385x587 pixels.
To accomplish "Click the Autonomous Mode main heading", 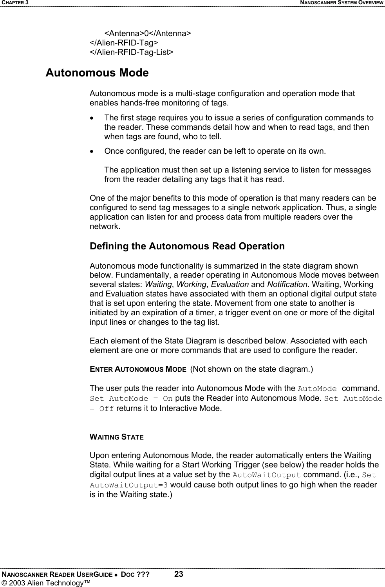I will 97,73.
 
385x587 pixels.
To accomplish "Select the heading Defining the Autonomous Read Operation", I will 187,246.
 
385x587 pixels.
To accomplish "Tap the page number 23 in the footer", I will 179,574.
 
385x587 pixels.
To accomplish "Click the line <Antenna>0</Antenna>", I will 148,33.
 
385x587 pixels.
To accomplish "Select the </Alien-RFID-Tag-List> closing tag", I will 132,52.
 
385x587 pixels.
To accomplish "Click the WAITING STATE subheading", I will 117,437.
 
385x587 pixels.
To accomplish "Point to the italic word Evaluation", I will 230,284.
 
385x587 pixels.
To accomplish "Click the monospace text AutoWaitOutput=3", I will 129,485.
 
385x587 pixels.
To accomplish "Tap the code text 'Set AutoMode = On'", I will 131,399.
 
